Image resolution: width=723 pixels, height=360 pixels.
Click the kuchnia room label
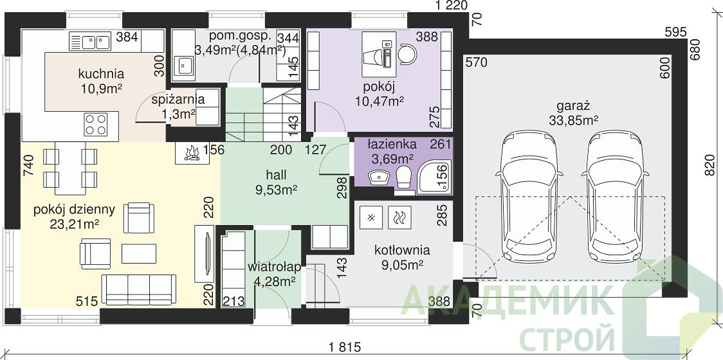click(101, 74)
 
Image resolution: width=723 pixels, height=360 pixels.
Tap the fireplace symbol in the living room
click(192, 153)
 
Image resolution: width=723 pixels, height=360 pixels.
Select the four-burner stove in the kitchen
click(95, 125)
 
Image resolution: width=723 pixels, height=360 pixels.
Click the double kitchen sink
click(90, 41)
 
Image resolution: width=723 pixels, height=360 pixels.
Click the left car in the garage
click(529, 197)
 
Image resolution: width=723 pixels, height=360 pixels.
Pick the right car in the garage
click(615, 197)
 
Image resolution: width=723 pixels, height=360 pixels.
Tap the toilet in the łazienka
click(403, 177)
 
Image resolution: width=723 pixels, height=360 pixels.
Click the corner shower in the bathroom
click(434, 175)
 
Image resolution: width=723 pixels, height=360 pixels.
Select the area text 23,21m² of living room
click(75, 224)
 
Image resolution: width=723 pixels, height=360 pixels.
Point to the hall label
click(276, 175)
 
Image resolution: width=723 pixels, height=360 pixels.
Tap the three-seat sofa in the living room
click(138, 289)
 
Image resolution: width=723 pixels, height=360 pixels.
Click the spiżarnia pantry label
click(178, 100)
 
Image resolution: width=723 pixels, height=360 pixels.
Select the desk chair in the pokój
click(407, 55)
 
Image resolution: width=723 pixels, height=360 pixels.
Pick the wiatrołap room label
click(275, 267)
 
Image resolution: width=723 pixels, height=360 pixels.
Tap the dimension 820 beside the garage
click(711, 165)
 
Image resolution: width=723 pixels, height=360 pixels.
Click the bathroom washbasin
click(379, 176)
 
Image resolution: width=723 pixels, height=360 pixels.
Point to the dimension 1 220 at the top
click(452, 5)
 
